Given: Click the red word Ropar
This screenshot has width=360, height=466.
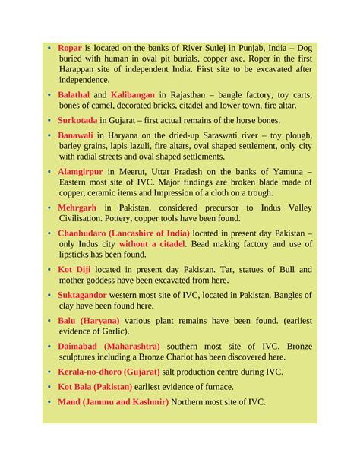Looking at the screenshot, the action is pos(71,47).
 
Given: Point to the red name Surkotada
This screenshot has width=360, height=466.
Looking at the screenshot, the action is pos(77,120).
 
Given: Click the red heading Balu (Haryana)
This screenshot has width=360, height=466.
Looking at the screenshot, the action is pos(87,320).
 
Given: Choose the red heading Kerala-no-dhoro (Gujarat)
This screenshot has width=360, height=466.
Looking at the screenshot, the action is pos(109,371).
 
